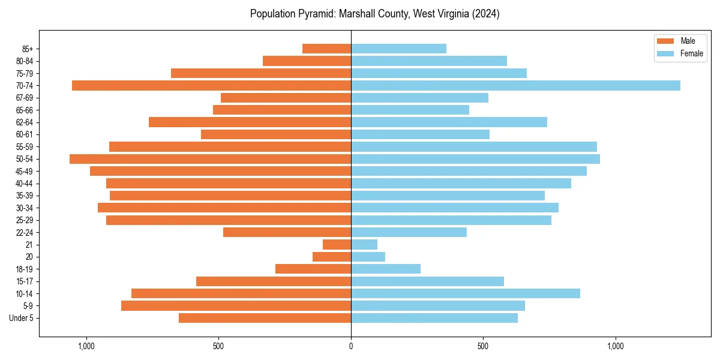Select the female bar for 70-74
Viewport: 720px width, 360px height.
point(515,85)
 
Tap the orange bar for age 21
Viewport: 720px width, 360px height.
point(337,244)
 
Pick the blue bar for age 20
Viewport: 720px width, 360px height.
point(368,257)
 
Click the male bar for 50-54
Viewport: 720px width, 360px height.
point(210,159)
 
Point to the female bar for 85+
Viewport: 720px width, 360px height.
point(398,49)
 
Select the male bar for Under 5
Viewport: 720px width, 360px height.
point(265,318)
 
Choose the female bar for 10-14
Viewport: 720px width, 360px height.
point(466,293)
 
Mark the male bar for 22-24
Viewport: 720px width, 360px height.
point(287,232)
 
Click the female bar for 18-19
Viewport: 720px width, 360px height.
point(386,269)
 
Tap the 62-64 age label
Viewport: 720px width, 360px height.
point(25,122)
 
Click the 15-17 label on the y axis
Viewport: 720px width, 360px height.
point(25,281)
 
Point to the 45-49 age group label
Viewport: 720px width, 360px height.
point(25,171)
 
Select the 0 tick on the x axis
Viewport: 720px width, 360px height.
point(351,346)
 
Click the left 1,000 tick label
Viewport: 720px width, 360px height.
point(86,346)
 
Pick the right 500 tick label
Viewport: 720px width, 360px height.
point(483,346)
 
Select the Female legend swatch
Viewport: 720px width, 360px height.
point(666,53)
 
